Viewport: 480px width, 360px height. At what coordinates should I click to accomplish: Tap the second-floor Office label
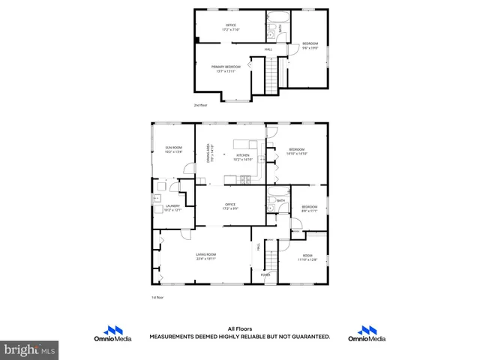[231, 27]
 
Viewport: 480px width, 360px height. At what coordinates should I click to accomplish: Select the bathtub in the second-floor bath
[275, 15]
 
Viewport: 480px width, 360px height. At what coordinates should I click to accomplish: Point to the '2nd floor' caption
[200, 105]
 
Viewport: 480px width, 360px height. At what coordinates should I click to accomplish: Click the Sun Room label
[174, 149]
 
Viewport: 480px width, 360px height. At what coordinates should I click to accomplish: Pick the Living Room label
[206, 257]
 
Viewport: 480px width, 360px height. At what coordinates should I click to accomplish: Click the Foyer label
[265, 274]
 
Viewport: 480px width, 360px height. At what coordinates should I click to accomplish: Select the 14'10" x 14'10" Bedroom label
[296, 151]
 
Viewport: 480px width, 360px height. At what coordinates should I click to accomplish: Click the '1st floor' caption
[157, 297]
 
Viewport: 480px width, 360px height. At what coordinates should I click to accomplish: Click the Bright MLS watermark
[30, 349]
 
